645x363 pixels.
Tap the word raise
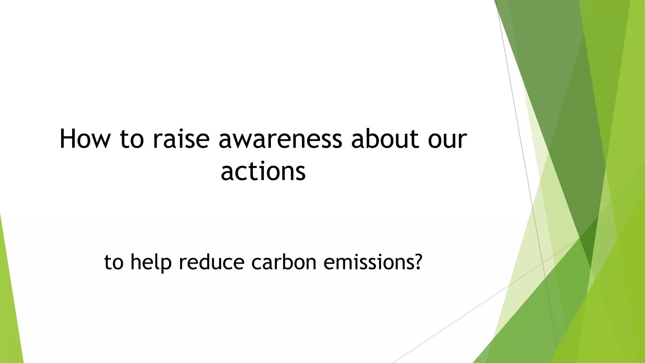tap(181, 139)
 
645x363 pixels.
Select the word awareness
tap(280, 139)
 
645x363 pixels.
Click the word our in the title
tap(447, 139)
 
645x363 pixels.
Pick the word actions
tap(263, 172)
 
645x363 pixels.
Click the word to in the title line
tap(132, 139)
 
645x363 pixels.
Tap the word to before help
tap(114, 262)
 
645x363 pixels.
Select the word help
tap(151, 262)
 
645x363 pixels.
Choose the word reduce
tap(211, 262)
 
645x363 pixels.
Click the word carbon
tap(284, 262)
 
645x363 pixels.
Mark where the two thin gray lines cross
tap(542, 262)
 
